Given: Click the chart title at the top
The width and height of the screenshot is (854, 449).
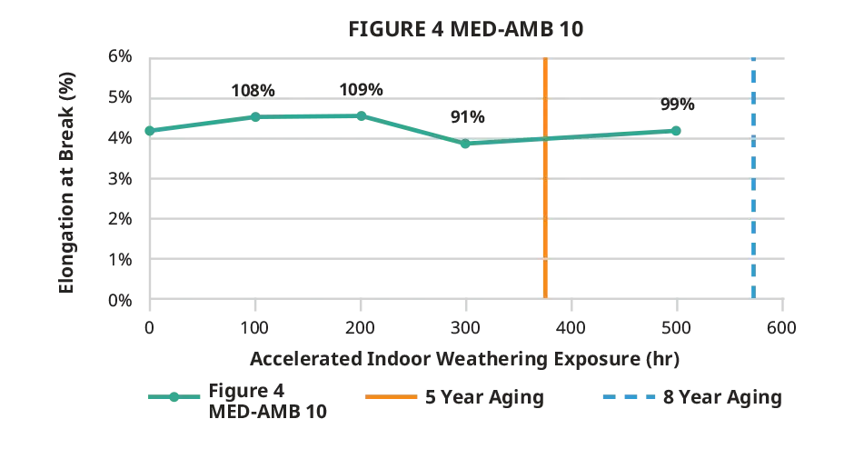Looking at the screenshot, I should [470, 26].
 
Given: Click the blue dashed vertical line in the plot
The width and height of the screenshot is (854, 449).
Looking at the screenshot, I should [752, 218].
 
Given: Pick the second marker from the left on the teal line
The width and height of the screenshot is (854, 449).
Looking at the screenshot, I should [254, 116].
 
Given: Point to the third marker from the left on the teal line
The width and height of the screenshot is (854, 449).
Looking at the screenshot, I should [361, 115].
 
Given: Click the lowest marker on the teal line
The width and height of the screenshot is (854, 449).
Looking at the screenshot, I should [465, 145].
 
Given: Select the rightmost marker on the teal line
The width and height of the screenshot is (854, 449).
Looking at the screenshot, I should [678, 131].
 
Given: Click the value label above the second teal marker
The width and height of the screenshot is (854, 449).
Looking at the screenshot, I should [252, 90].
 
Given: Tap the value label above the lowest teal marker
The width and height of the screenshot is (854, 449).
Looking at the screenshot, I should [468, 117].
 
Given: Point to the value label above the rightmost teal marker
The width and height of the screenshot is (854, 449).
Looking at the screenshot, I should [678, 106].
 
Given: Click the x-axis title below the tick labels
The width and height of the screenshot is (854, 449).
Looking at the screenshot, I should [464, 359].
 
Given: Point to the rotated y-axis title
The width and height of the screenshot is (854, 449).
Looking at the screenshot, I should [69, 182].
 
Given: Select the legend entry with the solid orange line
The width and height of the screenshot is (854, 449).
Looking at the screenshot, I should [454, 396].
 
